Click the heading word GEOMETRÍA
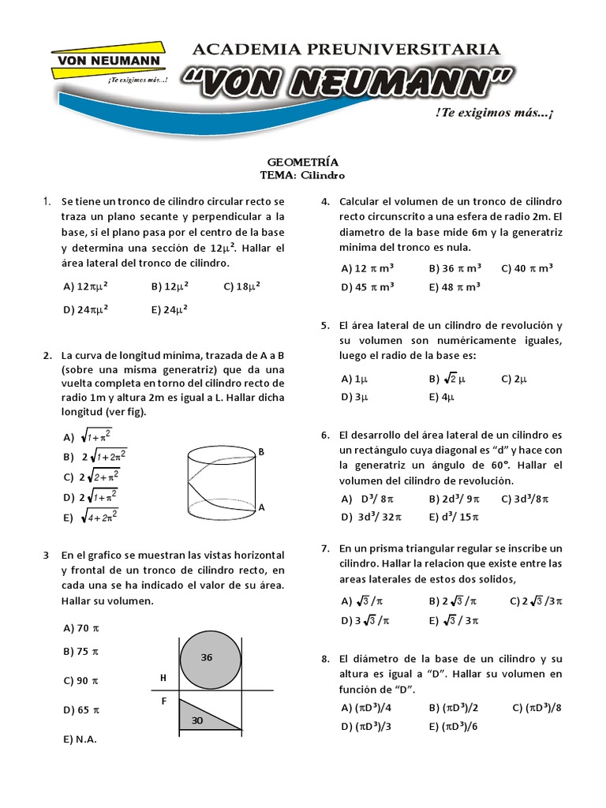[x=302, y=163]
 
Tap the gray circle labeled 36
[x=211, y=657]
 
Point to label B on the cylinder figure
[x=261, y=451]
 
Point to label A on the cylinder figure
[x=261, y=509]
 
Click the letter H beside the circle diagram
[x=163, y=678]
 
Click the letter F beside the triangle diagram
[x=164, y=700]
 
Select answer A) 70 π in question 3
[x=80, y=628]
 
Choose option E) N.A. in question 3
[x=80, y=739]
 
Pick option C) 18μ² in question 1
[x=242, y=286]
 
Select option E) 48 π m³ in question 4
[x=454, y=287]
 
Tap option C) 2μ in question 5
[x=514, y=379]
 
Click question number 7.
[x=324, y=548]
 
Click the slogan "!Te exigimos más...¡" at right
[x=494, y=114]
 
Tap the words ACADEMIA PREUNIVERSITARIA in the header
[x=346, y=49]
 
